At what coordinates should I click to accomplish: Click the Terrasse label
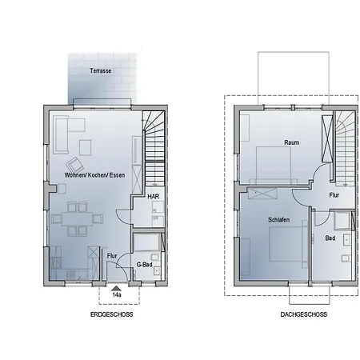(101, 71)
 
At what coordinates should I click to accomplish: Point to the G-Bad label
(145, 265)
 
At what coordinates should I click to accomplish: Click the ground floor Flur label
(112, 256)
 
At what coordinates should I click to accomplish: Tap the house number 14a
(117, 295)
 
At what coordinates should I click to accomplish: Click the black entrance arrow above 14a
(117, 286)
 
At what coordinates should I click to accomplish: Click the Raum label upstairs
(291, 142)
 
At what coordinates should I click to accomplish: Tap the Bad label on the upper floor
(330, 238)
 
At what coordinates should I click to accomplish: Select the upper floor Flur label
(334, 194)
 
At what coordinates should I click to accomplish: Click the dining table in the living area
(77, 218)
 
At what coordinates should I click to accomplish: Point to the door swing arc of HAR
(125, 214)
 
